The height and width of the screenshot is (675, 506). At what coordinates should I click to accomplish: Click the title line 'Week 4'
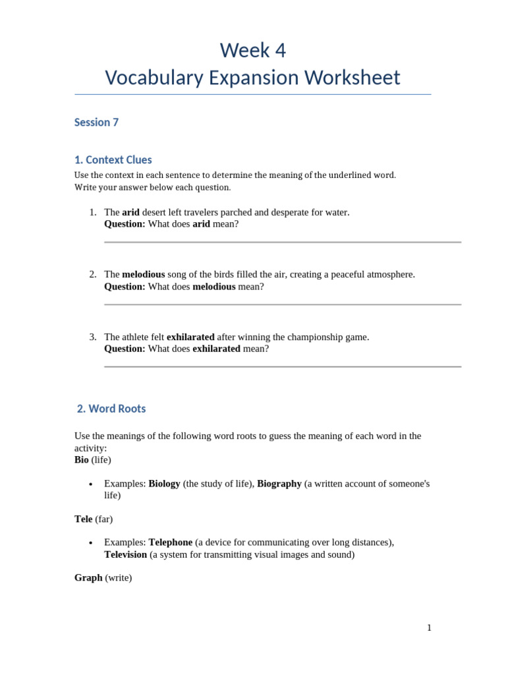coord(253,50)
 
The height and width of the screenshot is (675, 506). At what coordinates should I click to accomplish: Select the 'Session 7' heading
coord(96,123)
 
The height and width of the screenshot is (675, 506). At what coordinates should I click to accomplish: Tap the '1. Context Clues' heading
coord(113,160)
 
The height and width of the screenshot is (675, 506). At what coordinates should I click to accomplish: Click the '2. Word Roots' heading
coord(111,409)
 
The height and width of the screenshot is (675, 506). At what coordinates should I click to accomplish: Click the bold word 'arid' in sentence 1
coord(131,212)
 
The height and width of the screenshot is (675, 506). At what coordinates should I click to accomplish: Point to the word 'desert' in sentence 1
coord(156,212)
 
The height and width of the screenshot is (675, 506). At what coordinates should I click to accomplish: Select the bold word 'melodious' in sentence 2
coord(144,274)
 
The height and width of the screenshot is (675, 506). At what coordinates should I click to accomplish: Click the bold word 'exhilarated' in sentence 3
coord(190,337)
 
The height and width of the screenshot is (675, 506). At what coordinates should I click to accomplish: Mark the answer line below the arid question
coord(283,242)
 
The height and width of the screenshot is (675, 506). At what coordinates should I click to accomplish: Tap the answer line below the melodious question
coord(283,305)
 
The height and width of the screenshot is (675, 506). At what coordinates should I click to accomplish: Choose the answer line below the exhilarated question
coord(283,367)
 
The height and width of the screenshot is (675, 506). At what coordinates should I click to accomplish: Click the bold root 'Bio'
coord(82,459)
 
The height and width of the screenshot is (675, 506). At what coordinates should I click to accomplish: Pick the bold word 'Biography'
coord(279,483)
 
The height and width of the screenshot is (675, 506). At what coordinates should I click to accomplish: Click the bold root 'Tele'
coord(84,519)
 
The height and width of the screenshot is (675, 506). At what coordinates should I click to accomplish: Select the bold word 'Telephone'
coord(171,542)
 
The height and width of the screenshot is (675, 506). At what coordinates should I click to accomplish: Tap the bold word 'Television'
coord(125,554)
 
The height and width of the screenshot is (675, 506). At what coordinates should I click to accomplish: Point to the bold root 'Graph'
coord(88,577)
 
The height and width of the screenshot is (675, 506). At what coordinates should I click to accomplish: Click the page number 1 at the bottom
coord(429,628)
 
